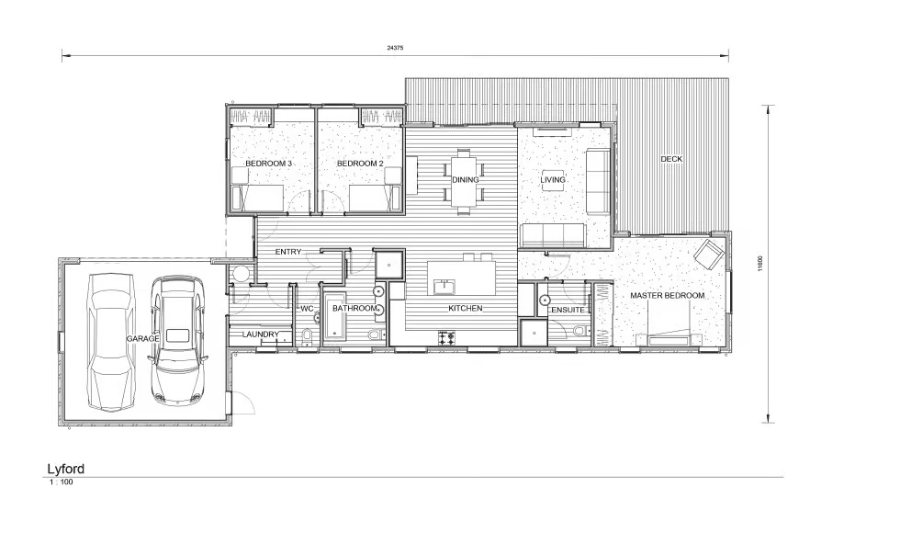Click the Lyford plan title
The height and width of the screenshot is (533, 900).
coord(65,469)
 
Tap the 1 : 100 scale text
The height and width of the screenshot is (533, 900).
coord(61,482)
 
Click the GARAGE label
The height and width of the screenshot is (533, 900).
coord(142,339)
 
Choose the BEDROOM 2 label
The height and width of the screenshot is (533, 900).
coord(359,164)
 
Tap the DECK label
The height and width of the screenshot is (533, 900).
coord(671,159)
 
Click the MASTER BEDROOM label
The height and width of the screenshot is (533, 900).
coord(667,296)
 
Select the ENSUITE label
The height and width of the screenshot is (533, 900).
coord(568,311)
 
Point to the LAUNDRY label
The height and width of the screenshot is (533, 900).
coord(261,335)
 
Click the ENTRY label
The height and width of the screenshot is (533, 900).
coord(288,252)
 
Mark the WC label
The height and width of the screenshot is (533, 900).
coord(307,309)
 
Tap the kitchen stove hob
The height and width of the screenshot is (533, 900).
coord(447,339)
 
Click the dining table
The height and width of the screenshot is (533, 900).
coord(462,181)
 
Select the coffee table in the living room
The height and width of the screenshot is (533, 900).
coord(553,181)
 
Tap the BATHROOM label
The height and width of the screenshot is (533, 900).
coord(354,309)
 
